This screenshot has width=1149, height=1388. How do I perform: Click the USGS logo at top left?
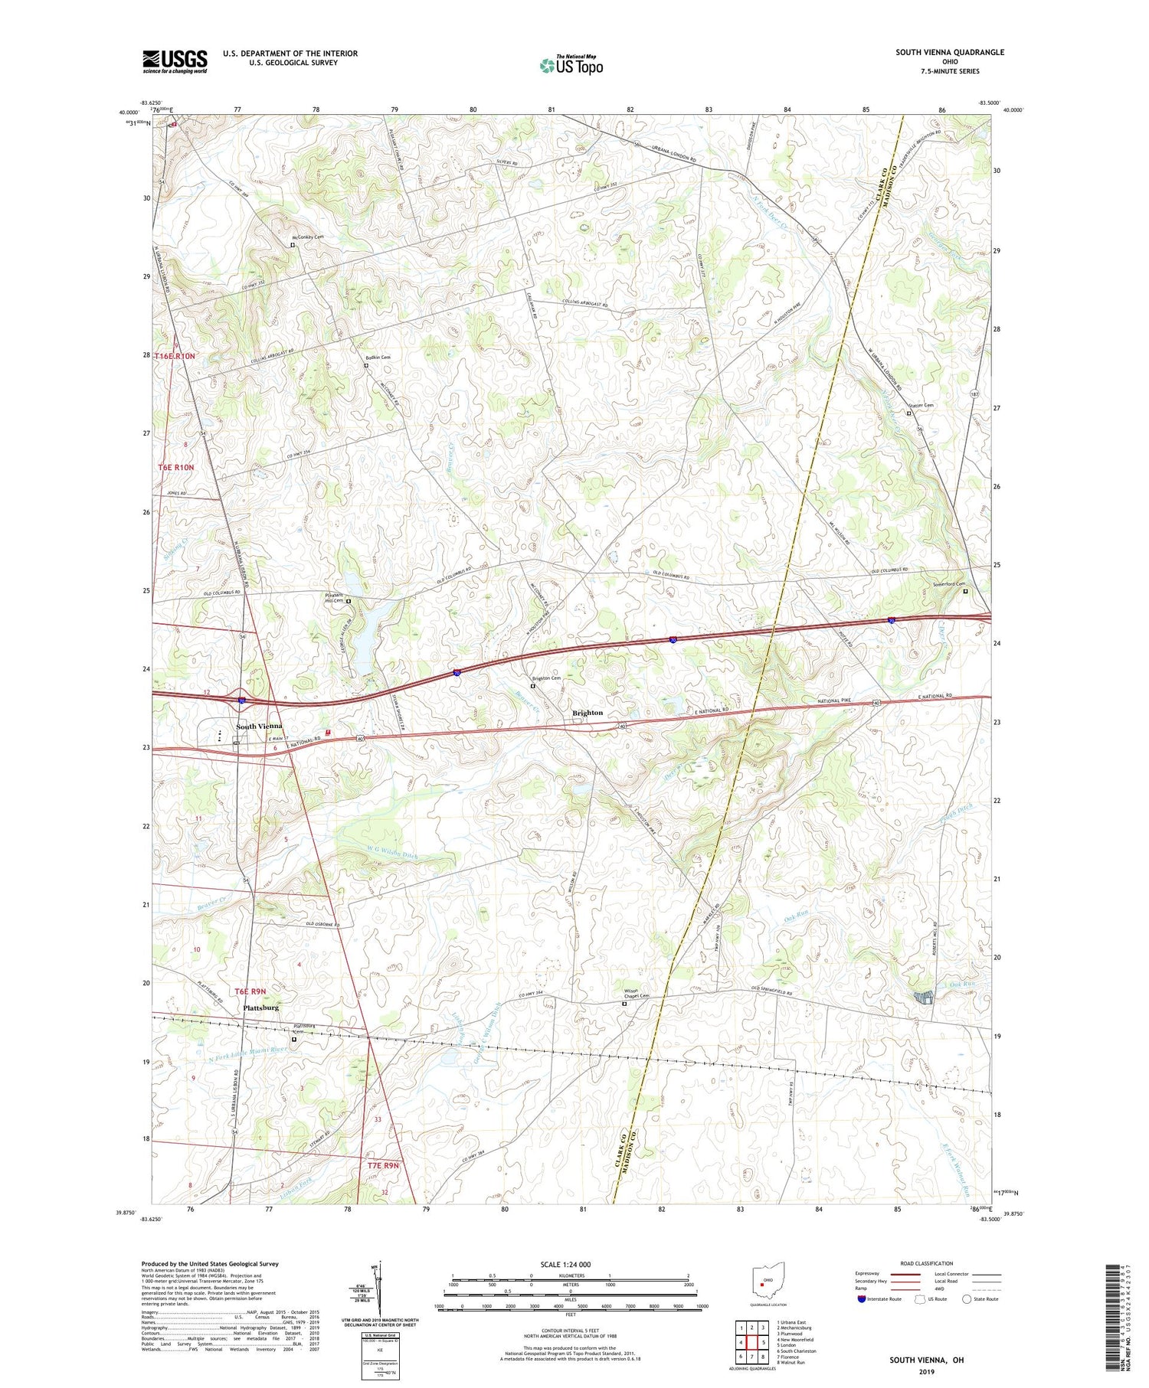[175, 61]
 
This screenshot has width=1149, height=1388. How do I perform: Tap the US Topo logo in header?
[571, 65]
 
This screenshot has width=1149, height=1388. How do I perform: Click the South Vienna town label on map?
[259, 726]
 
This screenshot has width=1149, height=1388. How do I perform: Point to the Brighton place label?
[588, 713]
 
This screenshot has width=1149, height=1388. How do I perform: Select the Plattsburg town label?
[260, 1008]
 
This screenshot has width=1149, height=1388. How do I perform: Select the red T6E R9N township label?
[250, 991]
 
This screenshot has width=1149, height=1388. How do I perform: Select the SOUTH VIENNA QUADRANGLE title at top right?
[950, 52]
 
